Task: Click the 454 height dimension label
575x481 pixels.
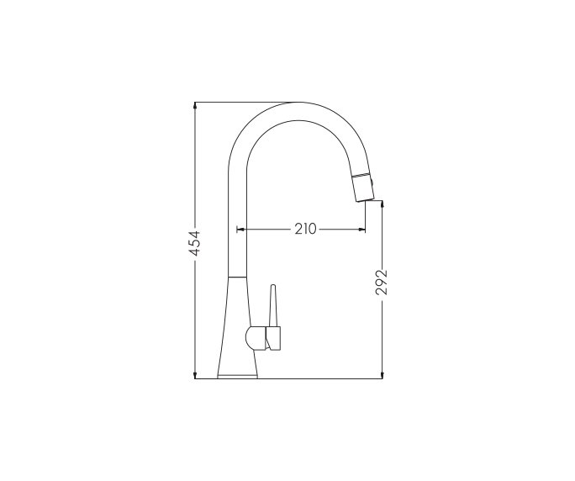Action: (x=194, y=242)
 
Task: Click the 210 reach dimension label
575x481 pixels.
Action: (x=304, y=228)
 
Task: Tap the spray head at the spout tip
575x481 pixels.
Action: (x=362, y=186)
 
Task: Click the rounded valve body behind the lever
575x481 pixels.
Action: (x=254, y=338)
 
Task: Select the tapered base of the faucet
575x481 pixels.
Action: (x=240, y=328)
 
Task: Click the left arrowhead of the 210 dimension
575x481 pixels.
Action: (x=240, y=228)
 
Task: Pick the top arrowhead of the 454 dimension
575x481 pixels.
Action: (x=194, y=106)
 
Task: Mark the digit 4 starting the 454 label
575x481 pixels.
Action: (x=194, y=251)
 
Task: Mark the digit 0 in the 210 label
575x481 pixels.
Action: (x=313, y=228)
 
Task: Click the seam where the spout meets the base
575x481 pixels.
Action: (x=239, y=277)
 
